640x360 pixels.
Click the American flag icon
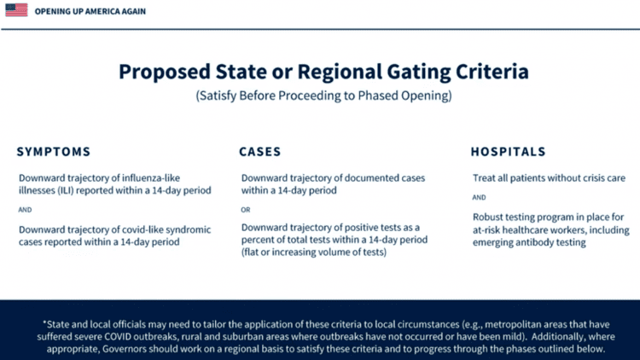point(16,10)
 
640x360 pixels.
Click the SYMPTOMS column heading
point(53,152)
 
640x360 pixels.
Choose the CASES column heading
point(260,152)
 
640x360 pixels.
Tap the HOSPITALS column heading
point(509,152)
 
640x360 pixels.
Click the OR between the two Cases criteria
point(246,210)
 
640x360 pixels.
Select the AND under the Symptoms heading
point(26,210)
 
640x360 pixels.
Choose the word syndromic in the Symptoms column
point(190,229)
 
